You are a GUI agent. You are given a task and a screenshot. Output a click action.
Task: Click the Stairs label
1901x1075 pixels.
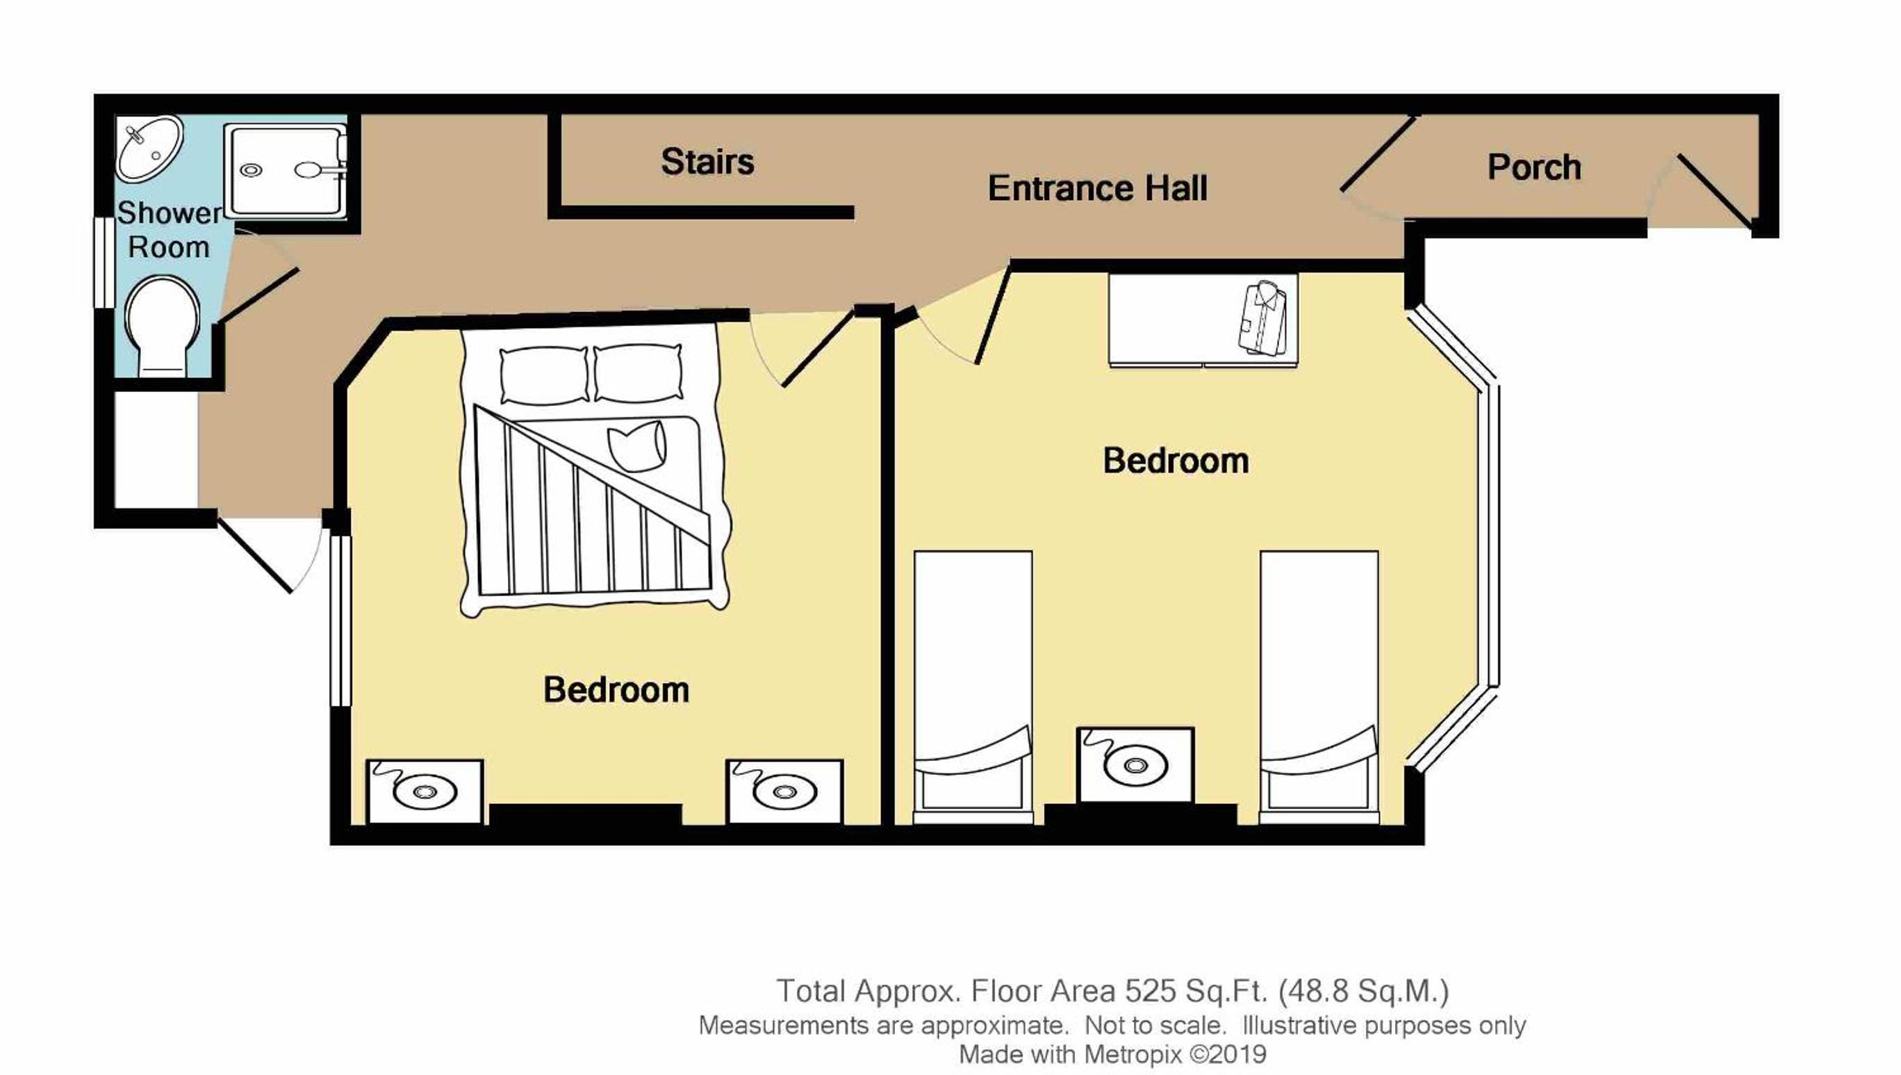[x=707, y=162]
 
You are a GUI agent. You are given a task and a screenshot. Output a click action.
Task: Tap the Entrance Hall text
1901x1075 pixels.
[x=1098, y=188]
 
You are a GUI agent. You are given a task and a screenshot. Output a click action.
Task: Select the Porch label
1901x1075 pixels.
[x=1534, y=167]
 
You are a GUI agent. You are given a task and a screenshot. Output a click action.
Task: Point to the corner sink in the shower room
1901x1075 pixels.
[x=149, y=147]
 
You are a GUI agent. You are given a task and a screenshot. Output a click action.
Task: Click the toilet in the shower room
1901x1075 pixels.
[x=163, y=326]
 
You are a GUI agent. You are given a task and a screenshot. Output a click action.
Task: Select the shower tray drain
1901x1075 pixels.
[x=252, y=170]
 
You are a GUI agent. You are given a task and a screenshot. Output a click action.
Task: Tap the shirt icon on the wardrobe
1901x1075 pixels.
[x=1263, y=318]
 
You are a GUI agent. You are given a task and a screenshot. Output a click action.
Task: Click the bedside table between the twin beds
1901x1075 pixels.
[x=1135, y=765]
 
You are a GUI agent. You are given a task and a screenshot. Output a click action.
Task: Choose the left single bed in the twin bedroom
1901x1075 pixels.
[x=972, y=687]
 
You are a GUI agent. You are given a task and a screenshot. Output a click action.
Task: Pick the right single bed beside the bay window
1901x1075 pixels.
[x=1319, y=687]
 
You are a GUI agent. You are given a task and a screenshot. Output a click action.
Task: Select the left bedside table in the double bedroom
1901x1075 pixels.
[x=425, y=791]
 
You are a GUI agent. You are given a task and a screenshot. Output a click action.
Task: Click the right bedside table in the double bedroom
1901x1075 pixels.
[x=784, y=791]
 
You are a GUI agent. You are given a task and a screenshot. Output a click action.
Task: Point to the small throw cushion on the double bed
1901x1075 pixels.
[x=636, y=445]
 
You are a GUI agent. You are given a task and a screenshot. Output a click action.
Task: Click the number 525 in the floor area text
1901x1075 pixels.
[x=1149, y=991]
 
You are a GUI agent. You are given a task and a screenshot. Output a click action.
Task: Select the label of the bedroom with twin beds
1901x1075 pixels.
[x=1176, y=461]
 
